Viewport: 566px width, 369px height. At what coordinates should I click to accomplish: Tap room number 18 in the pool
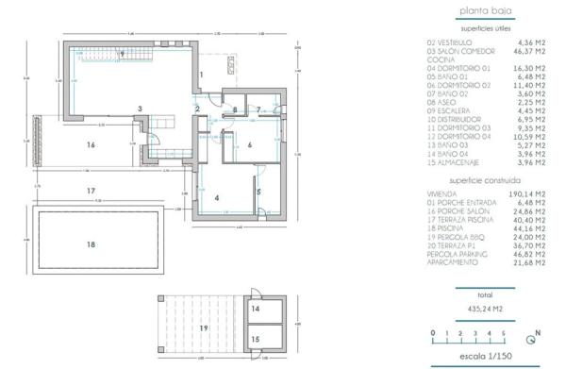(x=91, y=244)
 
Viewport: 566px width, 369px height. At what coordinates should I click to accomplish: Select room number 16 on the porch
(x=91, y=145)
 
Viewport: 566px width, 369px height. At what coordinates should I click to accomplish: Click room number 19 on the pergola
(x=203, y=327)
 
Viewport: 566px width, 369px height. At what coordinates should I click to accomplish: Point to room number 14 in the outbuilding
(x=257, y=309)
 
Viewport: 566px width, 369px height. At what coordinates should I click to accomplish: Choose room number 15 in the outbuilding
(x=257, y=338)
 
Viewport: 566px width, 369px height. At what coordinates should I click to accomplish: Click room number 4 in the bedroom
(x=217, y=198)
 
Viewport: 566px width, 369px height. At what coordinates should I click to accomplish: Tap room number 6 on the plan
(x=250, y=146)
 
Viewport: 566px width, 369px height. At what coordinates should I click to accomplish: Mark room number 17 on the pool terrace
(x=91, y=191)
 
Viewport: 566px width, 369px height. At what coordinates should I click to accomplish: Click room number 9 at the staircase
(x=122, y=56)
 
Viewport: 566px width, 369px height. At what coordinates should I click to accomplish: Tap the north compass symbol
(x=536, y=333)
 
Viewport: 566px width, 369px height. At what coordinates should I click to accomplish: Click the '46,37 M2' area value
(x=529, y=50)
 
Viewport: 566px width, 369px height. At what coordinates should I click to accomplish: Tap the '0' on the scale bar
(x=433, y=333)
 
